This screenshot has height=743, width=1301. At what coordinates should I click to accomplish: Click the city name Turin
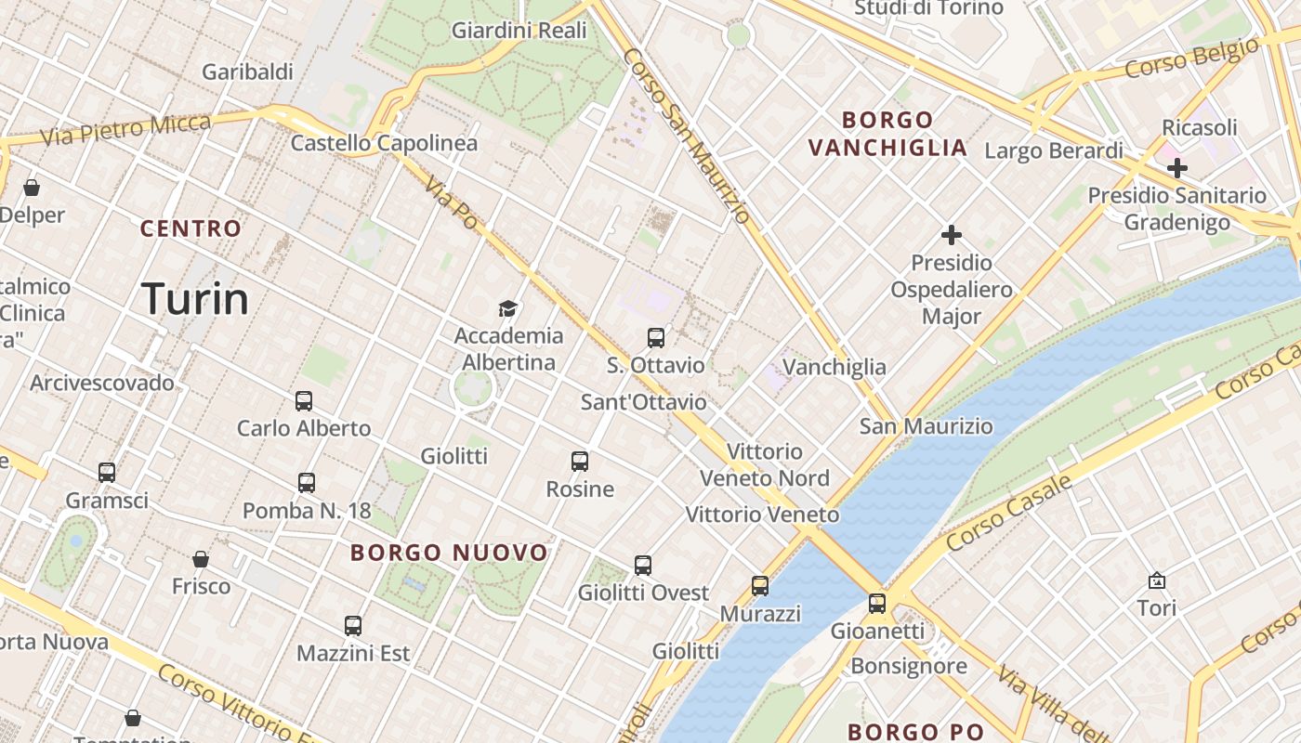pos(195,299)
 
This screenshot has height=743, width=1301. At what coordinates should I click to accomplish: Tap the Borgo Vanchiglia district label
pos(887,134)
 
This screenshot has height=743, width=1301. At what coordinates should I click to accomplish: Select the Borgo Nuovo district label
pos(449,553)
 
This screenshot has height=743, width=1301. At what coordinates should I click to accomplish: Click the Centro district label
pos(191,228)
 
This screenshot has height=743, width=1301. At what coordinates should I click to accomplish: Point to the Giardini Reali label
pos(519,31)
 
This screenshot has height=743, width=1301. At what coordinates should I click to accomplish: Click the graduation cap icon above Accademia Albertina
pos(507,308)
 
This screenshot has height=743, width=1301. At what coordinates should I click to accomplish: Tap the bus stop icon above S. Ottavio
pos(656,338)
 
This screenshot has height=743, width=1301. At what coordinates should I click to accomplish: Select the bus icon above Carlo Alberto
pos(304,401)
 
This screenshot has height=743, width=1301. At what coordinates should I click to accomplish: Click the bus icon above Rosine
pos(580,462)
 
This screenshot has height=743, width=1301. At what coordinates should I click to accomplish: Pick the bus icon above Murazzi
pos(760,586)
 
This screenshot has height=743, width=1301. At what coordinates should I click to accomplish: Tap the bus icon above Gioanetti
pos(877,604)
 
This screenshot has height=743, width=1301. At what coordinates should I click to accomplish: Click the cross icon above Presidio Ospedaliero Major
pos(952,235)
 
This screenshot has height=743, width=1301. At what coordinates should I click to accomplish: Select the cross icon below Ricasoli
pos(1177,168)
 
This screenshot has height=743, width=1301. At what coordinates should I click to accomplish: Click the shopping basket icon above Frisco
pos(201,559)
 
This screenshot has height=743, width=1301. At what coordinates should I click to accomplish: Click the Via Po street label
pos(453,205)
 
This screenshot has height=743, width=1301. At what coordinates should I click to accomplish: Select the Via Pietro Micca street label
pos(126,128)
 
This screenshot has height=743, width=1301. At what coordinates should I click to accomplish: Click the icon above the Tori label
pos(1157,581)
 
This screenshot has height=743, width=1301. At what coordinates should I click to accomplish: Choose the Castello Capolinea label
pos(384,143)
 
